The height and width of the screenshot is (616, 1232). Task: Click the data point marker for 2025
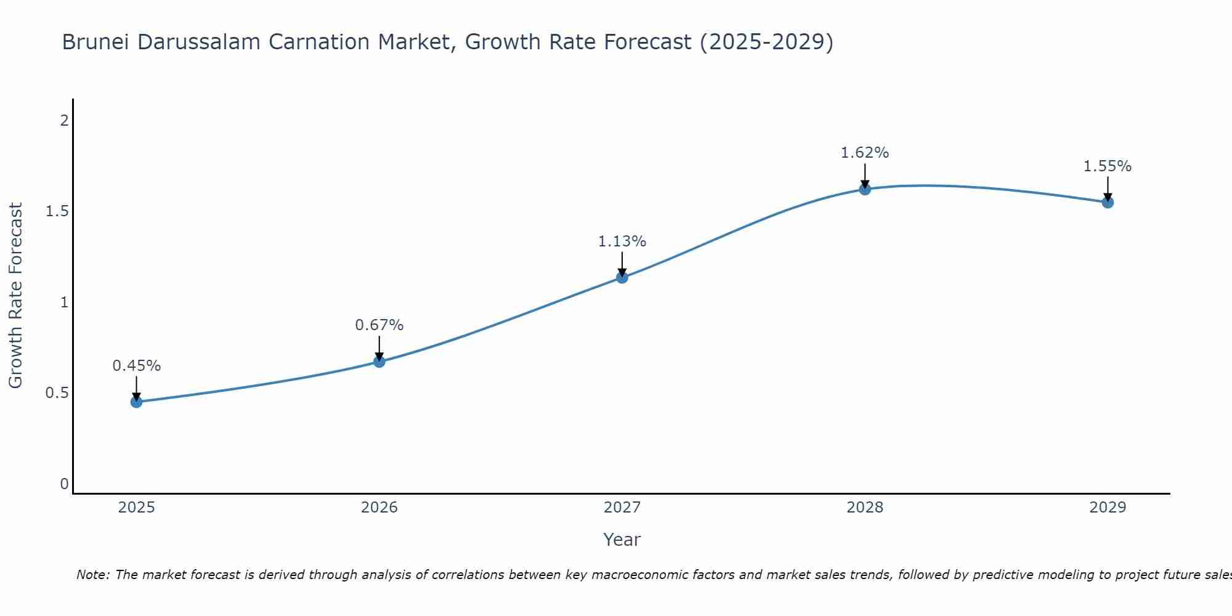pos(137,402)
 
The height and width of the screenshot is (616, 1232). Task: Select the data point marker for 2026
pos(379,362)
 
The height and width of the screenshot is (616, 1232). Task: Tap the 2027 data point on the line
pos(622,278)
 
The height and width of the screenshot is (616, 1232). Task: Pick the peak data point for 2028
pos(865,189)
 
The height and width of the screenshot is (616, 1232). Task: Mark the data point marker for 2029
pos(1108,202)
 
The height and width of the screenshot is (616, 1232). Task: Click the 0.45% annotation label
pos(137,366)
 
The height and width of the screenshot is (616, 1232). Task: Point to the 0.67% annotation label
pos(379,325)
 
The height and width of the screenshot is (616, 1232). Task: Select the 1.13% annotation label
pos(622,241)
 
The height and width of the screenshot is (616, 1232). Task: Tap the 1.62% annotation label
pos(865,153)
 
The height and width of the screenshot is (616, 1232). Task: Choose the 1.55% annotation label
pos(1108,166)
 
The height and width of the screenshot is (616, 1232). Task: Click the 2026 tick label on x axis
pos(379,508)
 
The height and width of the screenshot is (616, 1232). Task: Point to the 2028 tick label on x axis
pos(865,508)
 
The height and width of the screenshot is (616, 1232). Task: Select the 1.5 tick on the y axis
pos(57,211)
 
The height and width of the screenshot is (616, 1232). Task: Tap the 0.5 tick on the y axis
pos(57,393)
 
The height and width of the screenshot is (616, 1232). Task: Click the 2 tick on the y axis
pos(64,121)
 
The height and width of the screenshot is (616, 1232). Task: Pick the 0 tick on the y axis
pos(64,484)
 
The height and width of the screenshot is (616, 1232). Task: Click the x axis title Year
pos(622,540)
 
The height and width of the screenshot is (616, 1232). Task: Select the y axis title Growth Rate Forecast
pos(16,296)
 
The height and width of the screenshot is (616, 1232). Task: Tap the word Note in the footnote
pos(92,575)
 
